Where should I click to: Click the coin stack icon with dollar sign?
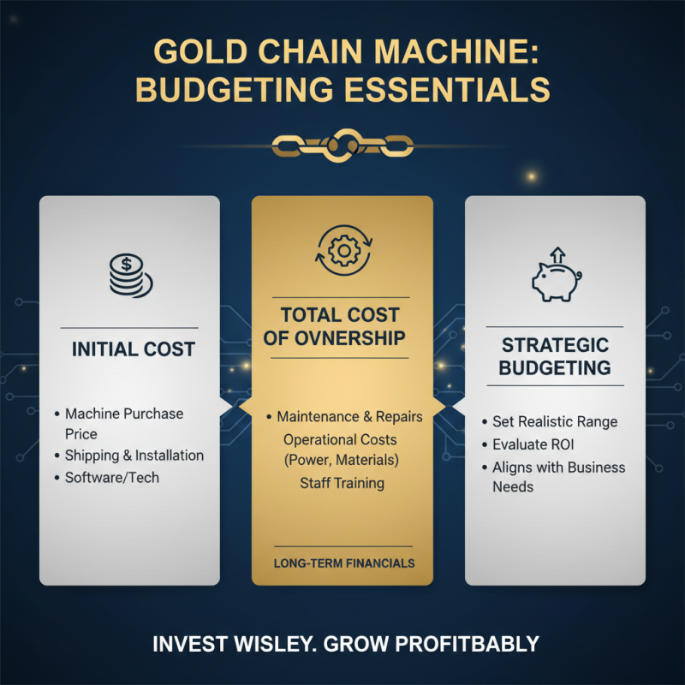[x=129, y=274]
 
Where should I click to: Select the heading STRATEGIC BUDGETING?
[x=555, y=356]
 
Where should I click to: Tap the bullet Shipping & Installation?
[x=134, y=456]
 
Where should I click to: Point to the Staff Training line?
[x=342, y=484]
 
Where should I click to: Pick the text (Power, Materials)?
[x=342, y=462]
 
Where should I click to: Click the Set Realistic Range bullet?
[x=555, y=422]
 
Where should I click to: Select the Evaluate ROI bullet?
[x=533, y=445]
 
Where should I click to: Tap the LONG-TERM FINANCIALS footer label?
[x=342, y=563]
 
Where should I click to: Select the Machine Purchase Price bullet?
[x=124, y=424]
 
